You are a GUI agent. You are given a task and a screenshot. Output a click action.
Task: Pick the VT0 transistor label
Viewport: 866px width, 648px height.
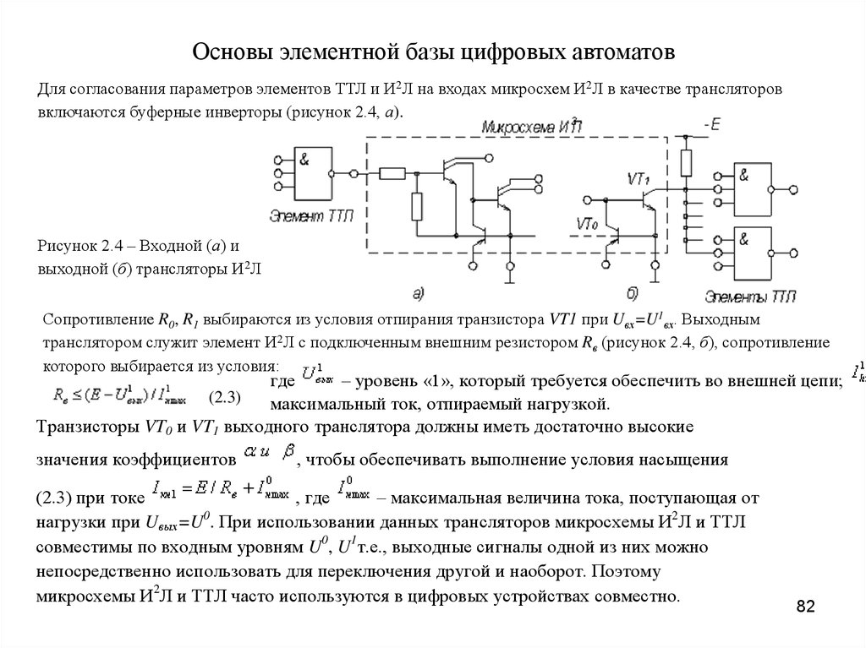click(x=588, y=224)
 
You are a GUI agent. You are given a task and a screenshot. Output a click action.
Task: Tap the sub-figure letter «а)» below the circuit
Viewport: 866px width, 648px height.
click(x=418, y=293)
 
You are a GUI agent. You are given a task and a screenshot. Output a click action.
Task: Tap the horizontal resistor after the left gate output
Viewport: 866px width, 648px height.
click(x=392, y=174)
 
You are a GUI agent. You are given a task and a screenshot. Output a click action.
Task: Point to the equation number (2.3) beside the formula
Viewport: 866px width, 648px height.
click(x=226, y=396)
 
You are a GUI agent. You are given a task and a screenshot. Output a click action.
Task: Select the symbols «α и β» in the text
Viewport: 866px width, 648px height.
click(x=268, y=456)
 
